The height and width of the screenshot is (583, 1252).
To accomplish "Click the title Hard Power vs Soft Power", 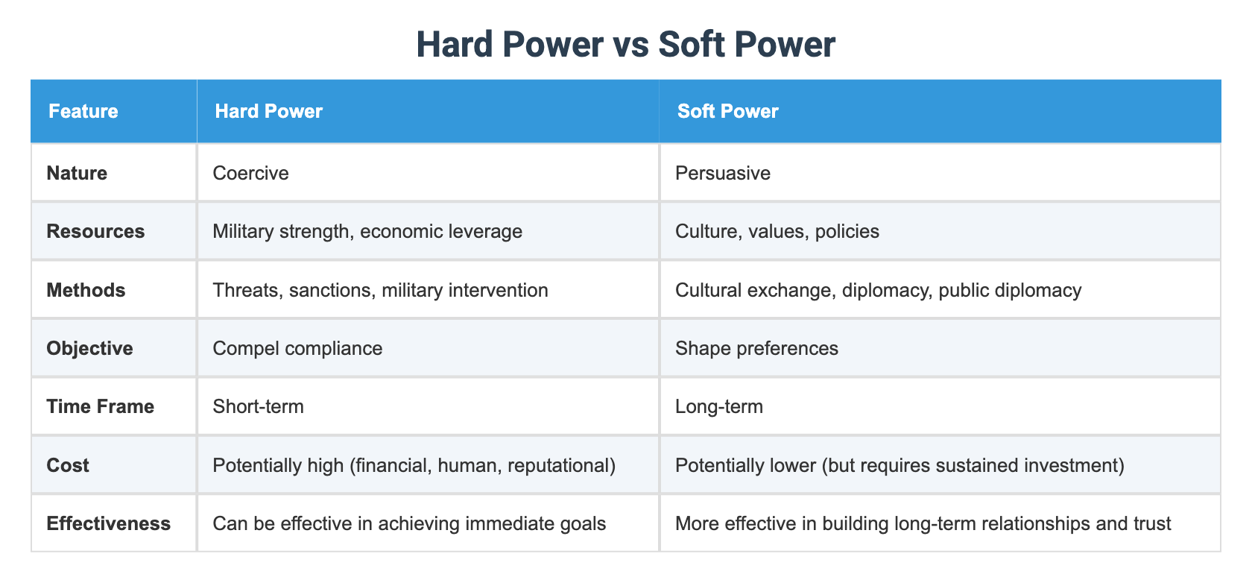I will [625, 44].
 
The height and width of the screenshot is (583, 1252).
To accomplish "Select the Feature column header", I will [83, 112].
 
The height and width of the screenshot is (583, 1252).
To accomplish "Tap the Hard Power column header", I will [268, 112].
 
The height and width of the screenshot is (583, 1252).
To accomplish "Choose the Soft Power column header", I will [727, 112].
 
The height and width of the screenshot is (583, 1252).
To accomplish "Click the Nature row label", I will [77, 173].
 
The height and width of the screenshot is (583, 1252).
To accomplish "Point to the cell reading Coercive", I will [250, 173].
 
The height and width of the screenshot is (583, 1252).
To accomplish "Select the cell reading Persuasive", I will [722, 173].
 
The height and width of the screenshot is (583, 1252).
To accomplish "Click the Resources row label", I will [95, 231].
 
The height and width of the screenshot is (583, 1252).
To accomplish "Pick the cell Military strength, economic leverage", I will [367, 231].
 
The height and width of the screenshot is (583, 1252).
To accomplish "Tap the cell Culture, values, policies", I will [777, 231].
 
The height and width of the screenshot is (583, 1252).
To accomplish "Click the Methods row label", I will [86, 290].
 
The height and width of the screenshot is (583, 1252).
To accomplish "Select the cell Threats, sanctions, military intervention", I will [380, 290].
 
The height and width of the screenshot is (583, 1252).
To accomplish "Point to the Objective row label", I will [89, 348].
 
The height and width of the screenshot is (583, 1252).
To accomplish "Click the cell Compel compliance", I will [297, 348].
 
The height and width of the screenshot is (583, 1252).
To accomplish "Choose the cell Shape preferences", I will [756, 348].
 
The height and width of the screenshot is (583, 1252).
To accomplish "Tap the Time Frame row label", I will [100, 406].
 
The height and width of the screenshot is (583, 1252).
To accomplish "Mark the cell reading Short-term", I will [258, 406].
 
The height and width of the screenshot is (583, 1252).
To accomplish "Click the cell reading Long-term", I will [718, 406].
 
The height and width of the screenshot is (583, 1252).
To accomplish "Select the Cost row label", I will [68, 465].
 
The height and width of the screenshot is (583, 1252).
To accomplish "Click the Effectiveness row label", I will [108, 523].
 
